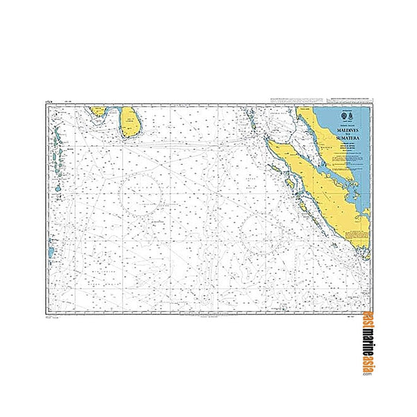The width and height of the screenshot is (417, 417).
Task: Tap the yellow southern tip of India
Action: [98, 110]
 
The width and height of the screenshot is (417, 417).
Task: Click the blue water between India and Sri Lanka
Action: [113, 111]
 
